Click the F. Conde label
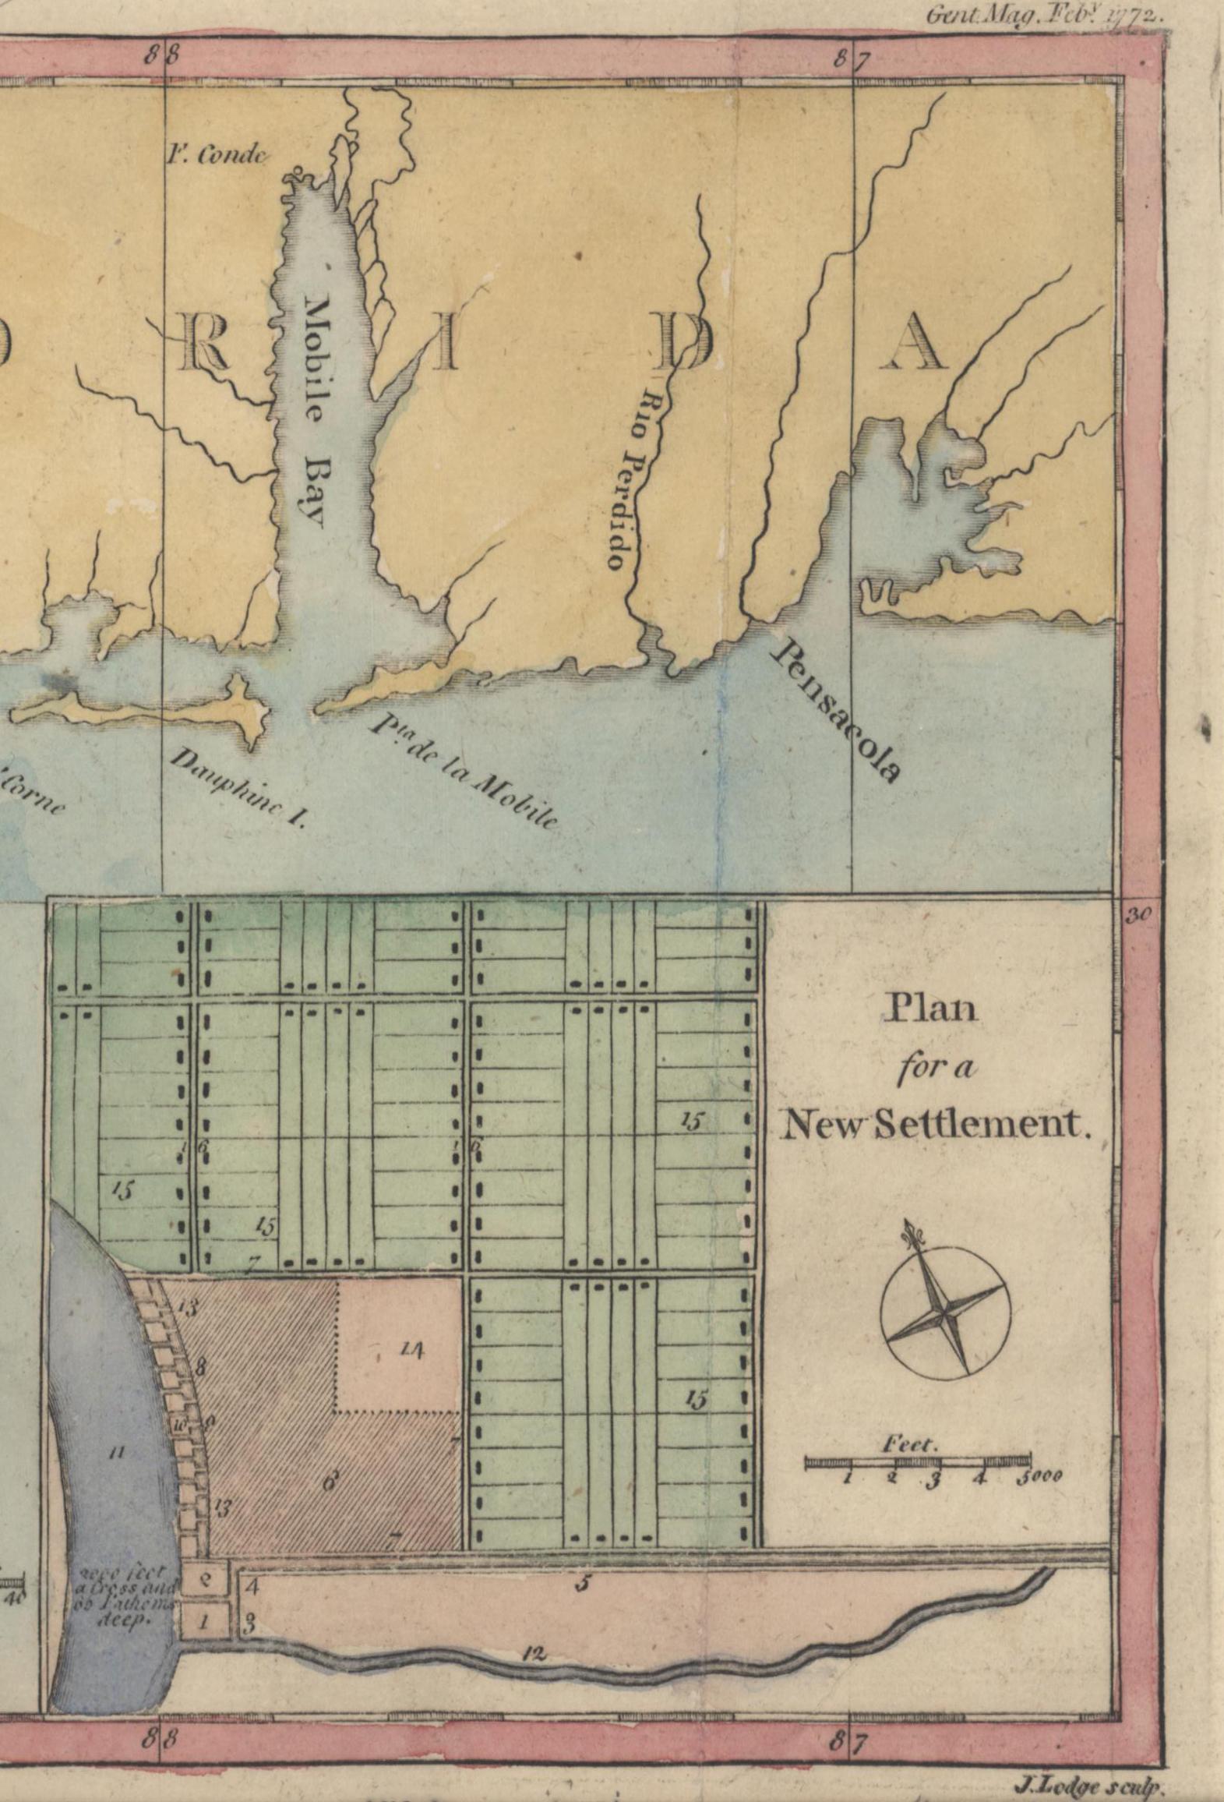pyautogui.click(x=217, y=155)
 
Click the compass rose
pyautogui.click(x=945, y=1314)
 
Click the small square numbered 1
pyautogui.click(x=206, y=1622)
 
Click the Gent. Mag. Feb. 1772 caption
pyautogui.click(x=1043, y=16)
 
